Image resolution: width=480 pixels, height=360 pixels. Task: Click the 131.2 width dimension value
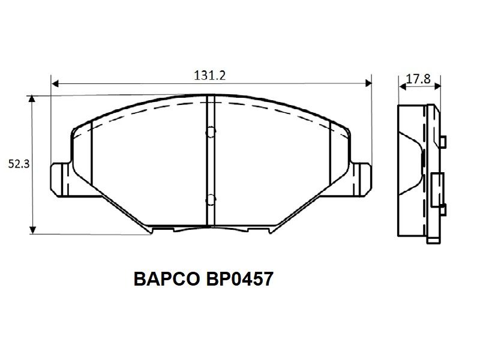click(209, 76)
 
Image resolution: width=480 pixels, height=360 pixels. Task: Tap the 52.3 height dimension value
click(19, 164)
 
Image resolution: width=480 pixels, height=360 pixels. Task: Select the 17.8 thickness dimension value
click(418, 79)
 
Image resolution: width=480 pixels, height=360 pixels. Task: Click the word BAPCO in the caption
click(167, 279)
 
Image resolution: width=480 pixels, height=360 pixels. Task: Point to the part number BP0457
click(239, 279)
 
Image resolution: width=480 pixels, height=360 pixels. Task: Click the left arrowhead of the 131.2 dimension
click(55, 83)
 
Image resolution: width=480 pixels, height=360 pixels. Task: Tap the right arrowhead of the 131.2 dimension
click(368, 83)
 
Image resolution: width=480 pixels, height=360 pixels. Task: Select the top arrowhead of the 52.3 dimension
click(32, 98)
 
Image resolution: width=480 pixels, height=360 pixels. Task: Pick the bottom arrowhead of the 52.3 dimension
click(32, 230)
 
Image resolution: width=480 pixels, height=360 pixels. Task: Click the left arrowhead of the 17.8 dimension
click(403, 86)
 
